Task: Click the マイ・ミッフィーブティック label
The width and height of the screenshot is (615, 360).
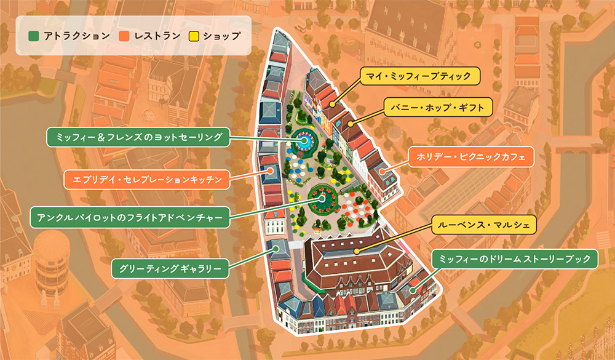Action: pos(418,76)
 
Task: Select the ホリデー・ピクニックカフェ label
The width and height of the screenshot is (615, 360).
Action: pos(470,158)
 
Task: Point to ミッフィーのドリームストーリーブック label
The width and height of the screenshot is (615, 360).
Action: pos(514,259)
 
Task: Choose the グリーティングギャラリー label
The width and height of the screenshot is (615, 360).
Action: pos(170,268)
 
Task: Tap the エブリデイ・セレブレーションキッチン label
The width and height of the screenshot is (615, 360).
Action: pos(147,180)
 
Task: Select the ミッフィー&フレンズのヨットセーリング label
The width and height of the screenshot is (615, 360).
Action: pos(138,137)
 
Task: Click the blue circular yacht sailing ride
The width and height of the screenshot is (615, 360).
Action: pos(304,140)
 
